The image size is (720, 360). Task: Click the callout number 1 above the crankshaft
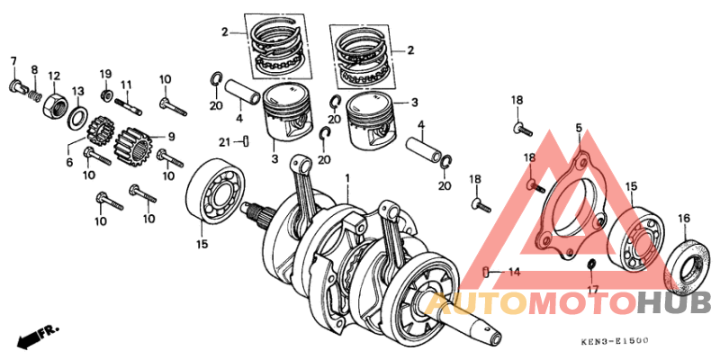346,179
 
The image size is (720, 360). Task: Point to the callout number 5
579,128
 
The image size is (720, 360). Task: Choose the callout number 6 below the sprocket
69,162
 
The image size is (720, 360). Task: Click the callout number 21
225,140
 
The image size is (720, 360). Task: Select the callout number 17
591,290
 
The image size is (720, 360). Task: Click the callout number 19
105,74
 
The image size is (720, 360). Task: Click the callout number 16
684,218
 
